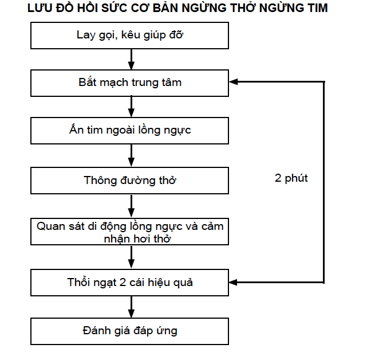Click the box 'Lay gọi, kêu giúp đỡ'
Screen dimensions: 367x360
[129, 36]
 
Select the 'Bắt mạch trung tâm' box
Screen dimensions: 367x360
[129, 83]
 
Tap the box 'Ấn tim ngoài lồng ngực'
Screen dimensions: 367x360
[129, 131]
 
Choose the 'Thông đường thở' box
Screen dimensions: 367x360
[129, 181]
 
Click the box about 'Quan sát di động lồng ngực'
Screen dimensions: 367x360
[129, 232]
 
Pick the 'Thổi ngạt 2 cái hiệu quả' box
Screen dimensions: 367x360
[129, 283]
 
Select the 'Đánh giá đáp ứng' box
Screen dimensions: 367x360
[129, 331]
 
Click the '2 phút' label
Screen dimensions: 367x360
[291, 179]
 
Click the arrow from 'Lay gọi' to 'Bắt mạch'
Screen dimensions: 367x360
[131, 59]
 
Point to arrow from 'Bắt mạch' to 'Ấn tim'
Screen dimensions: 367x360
[131, 107]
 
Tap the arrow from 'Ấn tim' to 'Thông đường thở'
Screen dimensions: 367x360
[131, 155]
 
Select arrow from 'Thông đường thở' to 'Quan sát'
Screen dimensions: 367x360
[131, 206]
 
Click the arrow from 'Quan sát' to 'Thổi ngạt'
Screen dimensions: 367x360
[131, 257]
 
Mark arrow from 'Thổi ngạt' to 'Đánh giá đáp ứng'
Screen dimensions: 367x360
[131, 307]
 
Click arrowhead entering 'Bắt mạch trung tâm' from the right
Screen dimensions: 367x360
[233, 81]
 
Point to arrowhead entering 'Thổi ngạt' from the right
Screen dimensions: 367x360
[233, 282]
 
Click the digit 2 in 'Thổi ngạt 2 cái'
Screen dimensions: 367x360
[123, 283]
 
